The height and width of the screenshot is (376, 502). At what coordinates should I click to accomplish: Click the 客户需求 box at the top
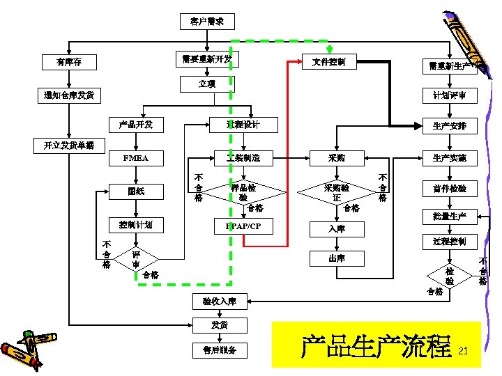coord(207,22)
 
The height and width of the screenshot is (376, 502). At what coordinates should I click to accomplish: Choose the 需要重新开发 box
coord(206,58)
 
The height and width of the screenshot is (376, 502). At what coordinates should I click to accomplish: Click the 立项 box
coord(207,84)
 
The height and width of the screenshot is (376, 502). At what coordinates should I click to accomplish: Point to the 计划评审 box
coord(449,95)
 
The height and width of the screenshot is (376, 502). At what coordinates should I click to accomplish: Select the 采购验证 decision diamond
coord(337,192)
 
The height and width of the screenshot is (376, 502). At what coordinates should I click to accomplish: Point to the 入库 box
coord(337,228)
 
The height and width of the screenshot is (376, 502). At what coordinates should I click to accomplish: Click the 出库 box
coord(337,258)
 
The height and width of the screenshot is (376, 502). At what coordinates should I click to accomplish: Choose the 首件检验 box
coord(449,188)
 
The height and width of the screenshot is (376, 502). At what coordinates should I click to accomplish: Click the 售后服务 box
coord(219,350)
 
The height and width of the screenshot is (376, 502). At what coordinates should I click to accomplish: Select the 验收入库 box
coord(219,301)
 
